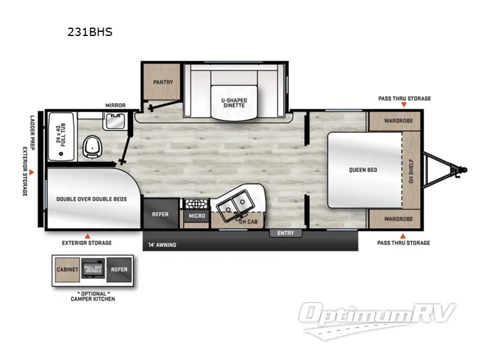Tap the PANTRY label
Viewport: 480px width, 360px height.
pyautogui.click(x=163, y=82)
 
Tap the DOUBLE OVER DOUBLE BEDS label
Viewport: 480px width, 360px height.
pyautogui.click(x=91, y=199)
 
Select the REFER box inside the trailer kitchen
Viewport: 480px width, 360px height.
pyautogui.click(x=160, y=214)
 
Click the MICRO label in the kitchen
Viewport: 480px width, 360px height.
pyautogui.click(x=196, y=216)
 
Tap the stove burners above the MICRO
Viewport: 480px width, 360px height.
pyautogui.click(x=196, y=203)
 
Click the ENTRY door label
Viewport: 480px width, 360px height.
pyautogui.click(x=286, y=233)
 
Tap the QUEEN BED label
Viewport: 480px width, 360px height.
pyautogui.click(x=363, y=170)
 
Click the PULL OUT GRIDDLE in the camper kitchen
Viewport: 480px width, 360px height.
pyautogui.click(x=93, y=269)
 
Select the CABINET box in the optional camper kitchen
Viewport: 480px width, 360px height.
pyautogui.click(x=67, y=269)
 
